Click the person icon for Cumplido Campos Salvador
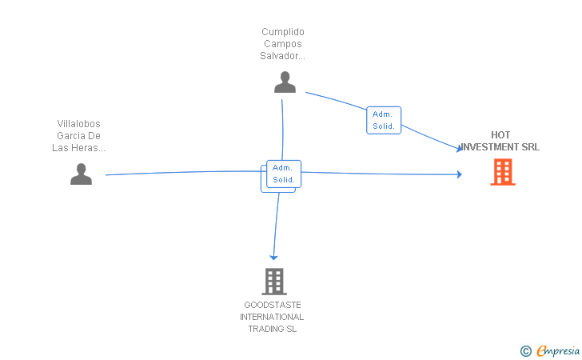285,82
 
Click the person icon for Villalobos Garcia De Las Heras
81,174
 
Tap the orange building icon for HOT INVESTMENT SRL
503,172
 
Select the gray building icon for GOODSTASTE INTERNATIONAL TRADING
274,281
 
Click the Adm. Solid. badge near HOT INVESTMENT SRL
384,120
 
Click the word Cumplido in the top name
283,32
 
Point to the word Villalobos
79,124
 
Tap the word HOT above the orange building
501,135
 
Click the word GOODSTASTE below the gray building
273,306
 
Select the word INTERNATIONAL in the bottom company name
273,318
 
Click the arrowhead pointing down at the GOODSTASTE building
273,256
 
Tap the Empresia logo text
559,350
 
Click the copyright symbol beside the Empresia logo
525,350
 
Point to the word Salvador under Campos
281,56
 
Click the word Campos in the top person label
283,44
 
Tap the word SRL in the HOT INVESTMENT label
530,147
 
